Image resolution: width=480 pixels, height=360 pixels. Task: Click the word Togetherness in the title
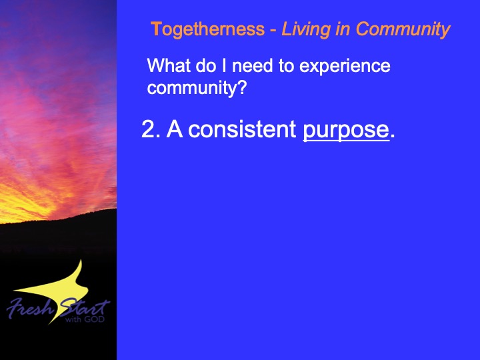[207, 29]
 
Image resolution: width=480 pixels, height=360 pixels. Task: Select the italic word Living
[305, 30]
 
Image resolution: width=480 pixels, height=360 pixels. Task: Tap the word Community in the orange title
[403, 30]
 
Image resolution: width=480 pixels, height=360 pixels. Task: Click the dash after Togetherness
[273, 31]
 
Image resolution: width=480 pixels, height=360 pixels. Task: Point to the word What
[169, 65]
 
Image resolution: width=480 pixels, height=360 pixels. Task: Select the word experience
[345, 67]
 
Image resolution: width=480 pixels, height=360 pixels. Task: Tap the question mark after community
[242, 87]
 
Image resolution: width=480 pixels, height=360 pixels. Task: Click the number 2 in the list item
[149, 129]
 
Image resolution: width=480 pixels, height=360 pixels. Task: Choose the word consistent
[242, 129]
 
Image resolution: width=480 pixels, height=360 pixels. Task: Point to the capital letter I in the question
[224, 65]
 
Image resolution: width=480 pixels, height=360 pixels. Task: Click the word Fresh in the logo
[30, 307]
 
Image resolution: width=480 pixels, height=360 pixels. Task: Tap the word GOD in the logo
[94, 319]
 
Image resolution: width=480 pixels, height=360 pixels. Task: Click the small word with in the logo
[73, 319]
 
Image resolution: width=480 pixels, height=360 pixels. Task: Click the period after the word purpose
[393, 136]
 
